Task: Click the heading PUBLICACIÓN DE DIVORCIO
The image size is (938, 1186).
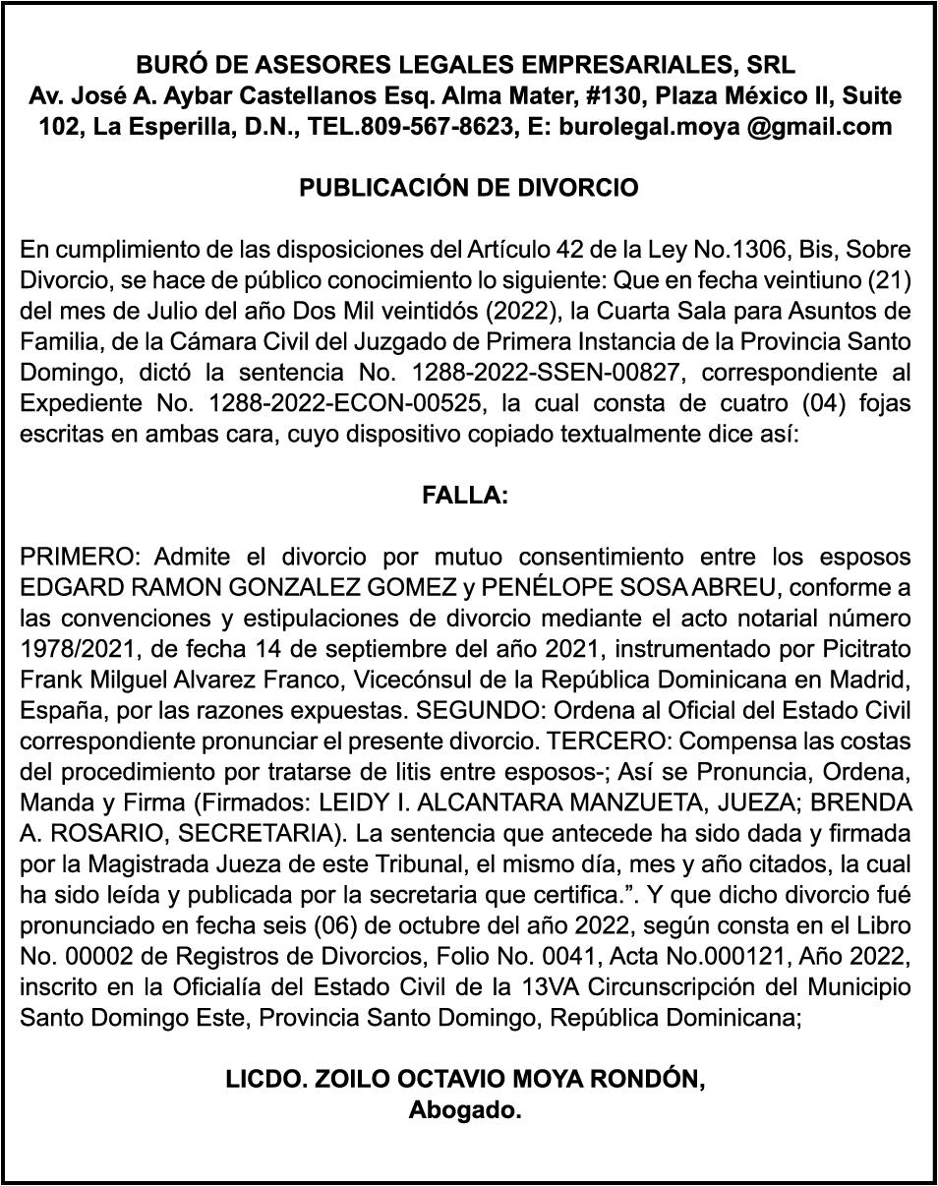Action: point(468,188)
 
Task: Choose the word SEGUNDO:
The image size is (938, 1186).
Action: point(460,710)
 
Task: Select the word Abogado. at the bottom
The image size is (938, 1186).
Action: point(465,1111)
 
